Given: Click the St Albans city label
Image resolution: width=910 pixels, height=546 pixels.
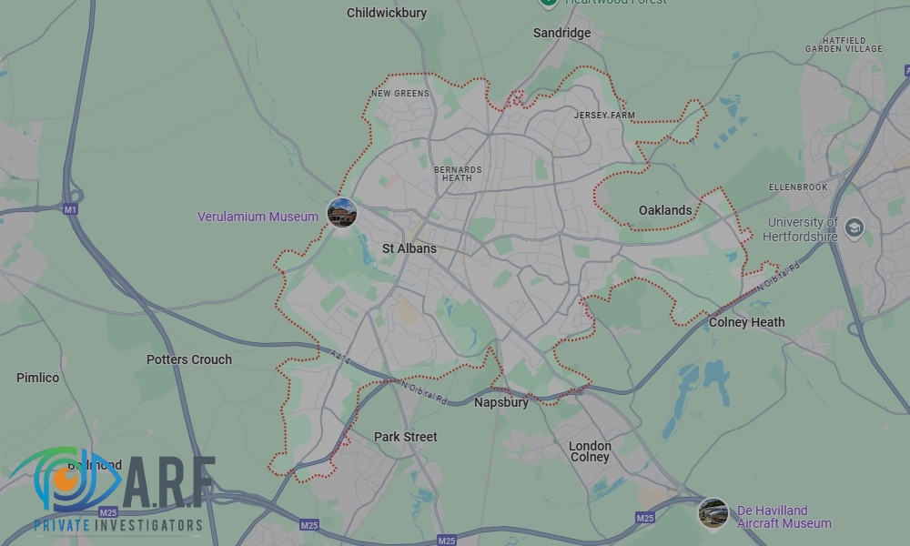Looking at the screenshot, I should pos(409,248).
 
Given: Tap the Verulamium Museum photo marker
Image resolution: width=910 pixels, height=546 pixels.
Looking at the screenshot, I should pos(342,214).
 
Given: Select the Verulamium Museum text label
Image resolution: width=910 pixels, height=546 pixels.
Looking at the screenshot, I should pos(258,217).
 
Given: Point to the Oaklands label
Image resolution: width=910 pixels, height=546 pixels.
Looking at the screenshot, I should pos(665,210).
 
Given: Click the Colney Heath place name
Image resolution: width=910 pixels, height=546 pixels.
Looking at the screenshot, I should pos(746,322).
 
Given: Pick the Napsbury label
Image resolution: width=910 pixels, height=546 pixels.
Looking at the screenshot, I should pos(500,402).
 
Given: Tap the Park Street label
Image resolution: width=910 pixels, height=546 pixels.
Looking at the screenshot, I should pos(406,437).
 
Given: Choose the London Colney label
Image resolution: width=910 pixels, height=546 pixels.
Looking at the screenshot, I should pos(590,451).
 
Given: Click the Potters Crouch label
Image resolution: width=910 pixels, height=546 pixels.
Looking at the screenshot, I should pos(189,359).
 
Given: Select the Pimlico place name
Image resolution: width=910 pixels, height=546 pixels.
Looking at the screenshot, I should pos(37,378).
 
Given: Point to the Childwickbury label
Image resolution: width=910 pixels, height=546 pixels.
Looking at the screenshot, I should pos(387,13).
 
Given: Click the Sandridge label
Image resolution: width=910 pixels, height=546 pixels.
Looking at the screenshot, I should pos(561,33).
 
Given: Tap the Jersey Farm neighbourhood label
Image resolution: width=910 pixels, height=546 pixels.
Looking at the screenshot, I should pos(604,116).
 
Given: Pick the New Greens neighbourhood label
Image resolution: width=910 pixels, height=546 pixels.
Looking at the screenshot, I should pos(399,93).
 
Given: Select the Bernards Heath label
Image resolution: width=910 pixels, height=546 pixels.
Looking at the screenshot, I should pos(457,174).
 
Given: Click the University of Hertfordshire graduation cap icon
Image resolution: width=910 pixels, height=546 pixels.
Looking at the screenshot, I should pos(854,227).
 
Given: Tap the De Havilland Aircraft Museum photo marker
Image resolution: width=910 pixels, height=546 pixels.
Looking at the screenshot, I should pos(713,513).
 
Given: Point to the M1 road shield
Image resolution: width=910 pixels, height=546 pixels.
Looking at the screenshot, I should pos(71,209).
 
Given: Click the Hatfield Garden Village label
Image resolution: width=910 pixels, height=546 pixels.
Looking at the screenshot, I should pos(844,45).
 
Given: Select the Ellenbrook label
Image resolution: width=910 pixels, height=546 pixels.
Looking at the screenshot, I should pos(798,187).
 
